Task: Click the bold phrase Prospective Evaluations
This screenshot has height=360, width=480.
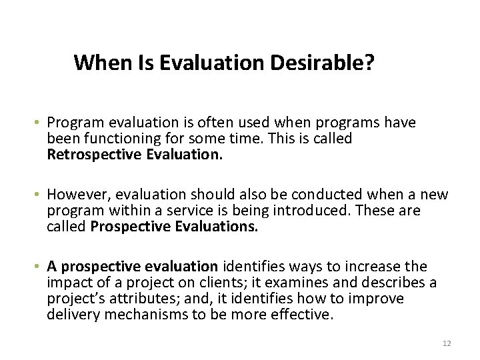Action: tap(173, 227)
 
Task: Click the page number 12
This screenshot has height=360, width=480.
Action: tap(447, 343)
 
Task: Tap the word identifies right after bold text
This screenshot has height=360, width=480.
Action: tap(250, 267)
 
